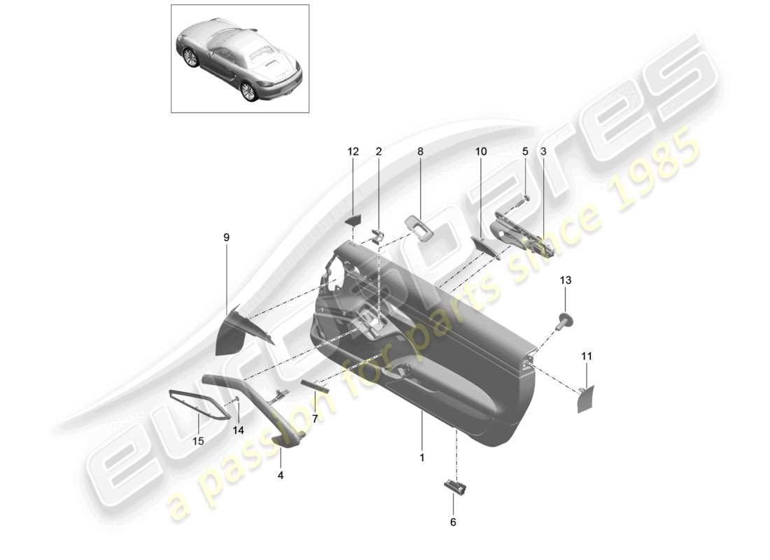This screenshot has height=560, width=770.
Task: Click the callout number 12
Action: [352, 151]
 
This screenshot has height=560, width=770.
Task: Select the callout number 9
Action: [226, 238]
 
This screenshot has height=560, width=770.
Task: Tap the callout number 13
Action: [565, 281]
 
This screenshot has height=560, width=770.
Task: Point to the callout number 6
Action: [452, 521]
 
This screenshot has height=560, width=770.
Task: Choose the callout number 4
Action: [281, 474]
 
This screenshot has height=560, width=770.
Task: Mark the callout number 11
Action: [587, 356]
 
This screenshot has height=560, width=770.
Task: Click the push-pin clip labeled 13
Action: [564, 322]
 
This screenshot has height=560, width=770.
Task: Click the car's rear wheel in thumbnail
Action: [248, 91]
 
